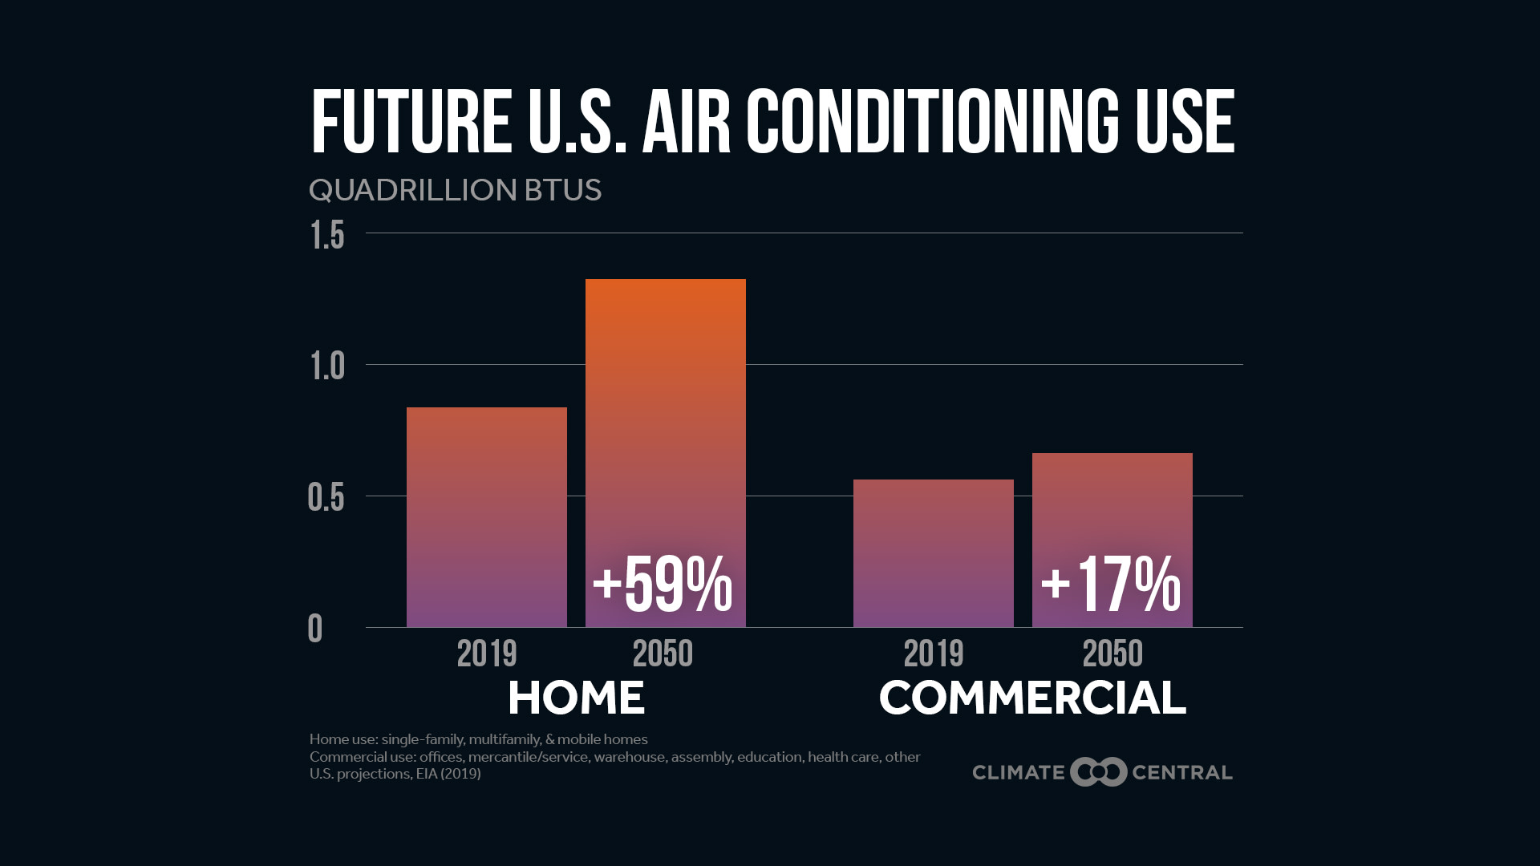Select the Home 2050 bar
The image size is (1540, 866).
coord(665,417)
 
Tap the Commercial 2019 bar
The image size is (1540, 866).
coord(933,553)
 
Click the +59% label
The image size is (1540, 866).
coord(663,585)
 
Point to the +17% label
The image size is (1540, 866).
coord(1111,585)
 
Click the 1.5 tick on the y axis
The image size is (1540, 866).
coord(327,236)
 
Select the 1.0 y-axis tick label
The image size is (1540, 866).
coord(327,366)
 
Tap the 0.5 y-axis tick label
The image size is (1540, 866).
coord(326,498)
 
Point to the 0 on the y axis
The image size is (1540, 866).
coord(315,629)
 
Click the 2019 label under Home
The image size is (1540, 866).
coord(487,654)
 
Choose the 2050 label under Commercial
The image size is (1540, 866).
coord(1112,654)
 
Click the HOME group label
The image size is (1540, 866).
coord(576,698)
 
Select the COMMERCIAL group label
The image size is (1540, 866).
coord(1032,698)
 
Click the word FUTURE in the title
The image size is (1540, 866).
coord(411,122)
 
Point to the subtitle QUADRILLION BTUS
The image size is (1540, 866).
coord(455,190)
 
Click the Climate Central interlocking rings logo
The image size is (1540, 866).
coord(1098,772)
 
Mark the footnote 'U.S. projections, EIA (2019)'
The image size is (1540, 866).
coord(395,774)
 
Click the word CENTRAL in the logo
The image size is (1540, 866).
coord(1181,772)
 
